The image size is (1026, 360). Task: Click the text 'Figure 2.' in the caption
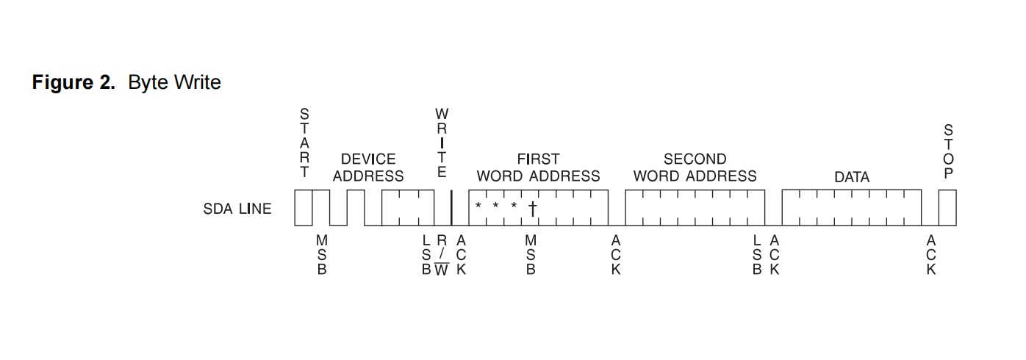pos(73,83)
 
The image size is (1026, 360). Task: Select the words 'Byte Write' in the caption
pos(174,83)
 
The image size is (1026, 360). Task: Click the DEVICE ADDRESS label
pos(368,168)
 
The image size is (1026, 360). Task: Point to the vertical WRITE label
pos(442,143)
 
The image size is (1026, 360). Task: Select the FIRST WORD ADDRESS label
pos(538,168)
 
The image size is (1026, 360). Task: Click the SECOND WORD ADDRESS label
pos(695,168)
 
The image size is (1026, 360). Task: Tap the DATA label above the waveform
pos(852,177)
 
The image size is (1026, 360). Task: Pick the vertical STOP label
pos(948,152)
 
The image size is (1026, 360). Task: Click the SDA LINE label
pos(237,209)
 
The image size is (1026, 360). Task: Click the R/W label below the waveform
pos(441,255)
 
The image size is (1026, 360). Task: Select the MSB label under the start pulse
pos(321,255)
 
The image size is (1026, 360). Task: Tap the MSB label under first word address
pos(531,255)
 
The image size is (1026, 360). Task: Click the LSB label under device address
pos(426,255)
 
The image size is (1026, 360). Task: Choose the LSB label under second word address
pos(757,255)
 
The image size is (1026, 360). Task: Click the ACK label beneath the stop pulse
pos(931,255)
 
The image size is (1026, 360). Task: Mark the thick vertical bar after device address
pos(451,208)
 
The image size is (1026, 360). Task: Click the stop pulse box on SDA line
pos(947,208)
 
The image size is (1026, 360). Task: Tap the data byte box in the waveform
pos(851,208)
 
